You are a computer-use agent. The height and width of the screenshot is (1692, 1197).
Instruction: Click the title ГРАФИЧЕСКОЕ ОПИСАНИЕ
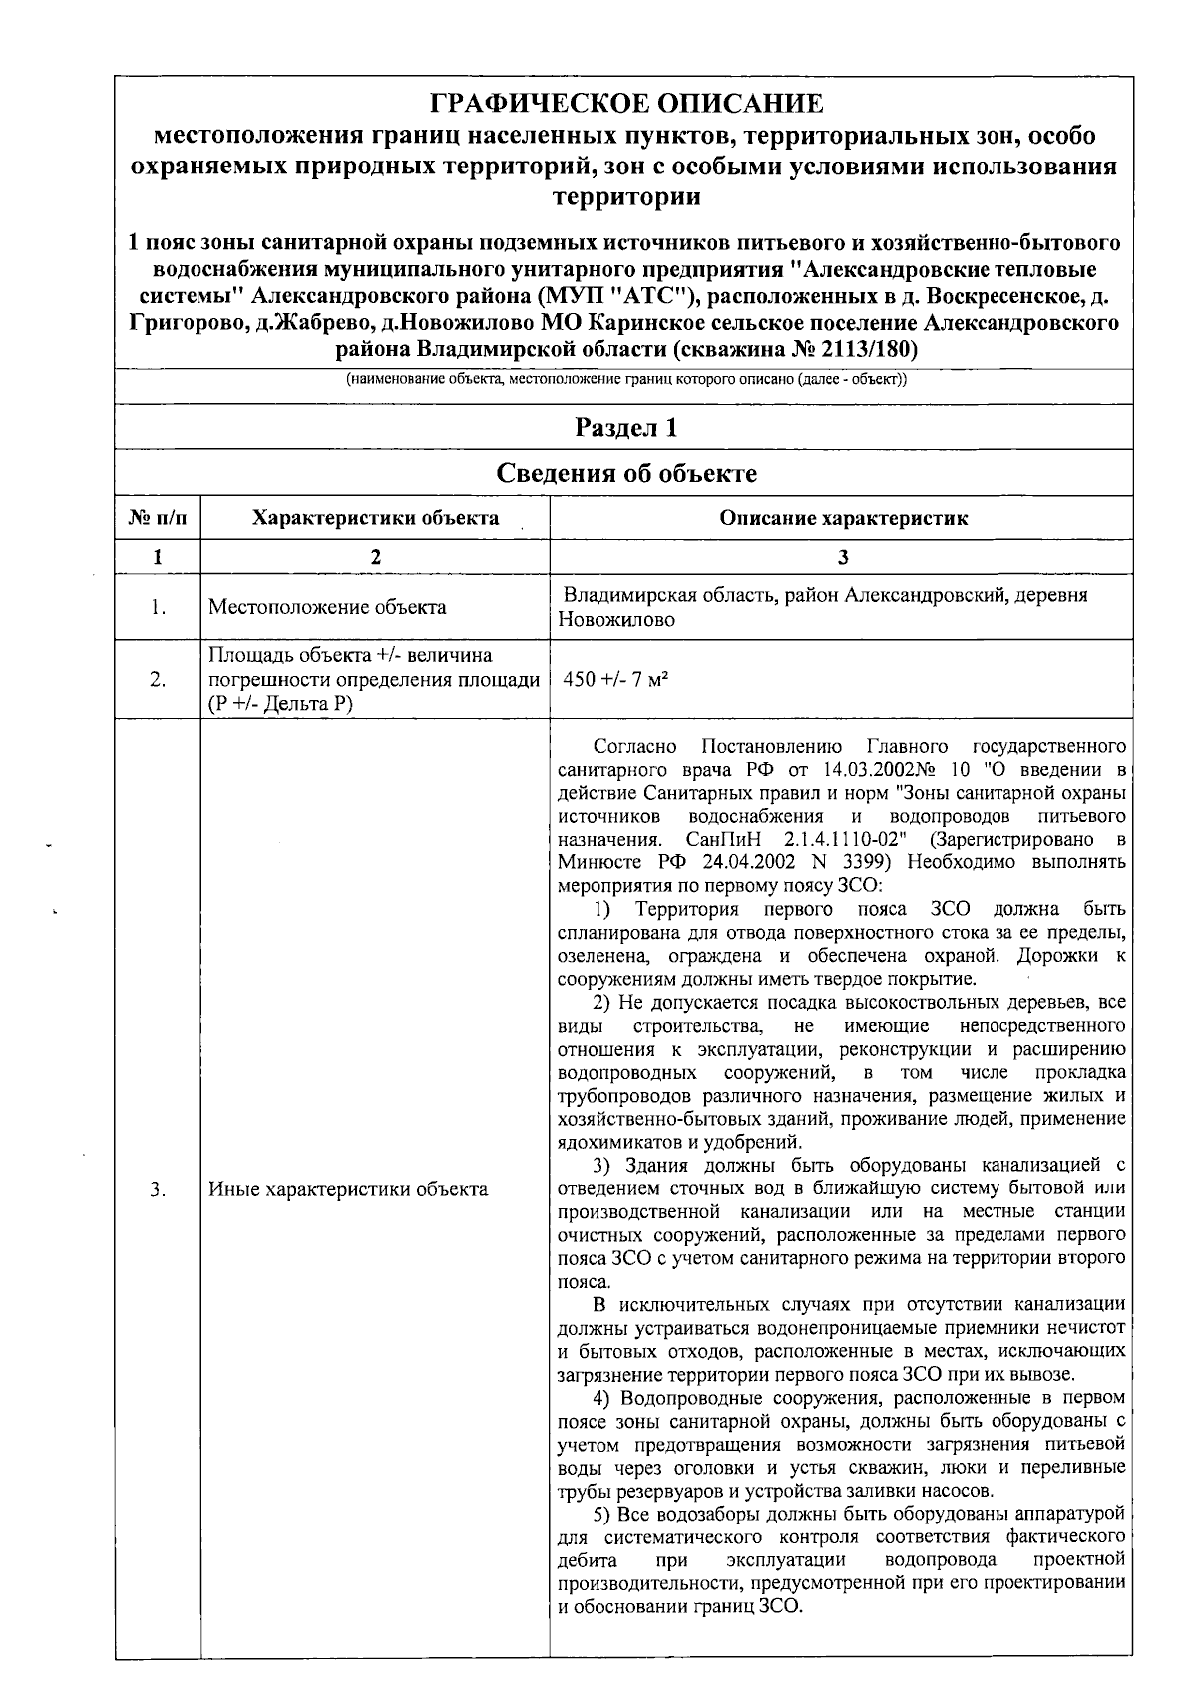[626, 103]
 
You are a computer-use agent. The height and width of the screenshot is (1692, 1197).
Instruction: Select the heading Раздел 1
[626, 428]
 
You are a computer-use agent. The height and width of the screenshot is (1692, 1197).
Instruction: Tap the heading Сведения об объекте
[626, 473]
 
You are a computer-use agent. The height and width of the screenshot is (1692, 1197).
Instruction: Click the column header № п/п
[157, 518]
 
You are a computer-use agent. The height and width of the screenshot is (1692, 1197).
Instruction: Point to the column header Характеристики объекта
[375, 518]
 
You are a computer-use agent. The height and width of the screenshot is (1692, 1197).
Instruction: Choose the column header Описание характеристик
[843, 518]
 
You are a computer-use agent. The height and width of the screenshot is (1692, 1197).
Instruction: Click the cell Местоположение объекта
[327, 607]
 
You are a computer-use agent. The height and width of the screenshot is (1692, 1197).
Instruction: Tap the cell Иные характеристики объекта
[348, 1189]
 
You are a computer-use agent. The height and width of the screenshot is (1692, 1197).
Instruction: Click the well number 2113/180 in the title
[864, 349]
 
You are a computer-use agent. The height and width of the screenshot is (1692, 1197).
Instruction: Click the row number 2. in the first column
[158, 680]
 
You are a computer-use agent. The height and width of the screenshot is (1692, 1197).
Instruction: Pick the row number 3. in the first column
[158, 1189]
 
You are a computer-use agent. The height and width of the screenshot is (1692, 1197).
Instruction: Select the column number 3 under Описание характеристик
[843, 557]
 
